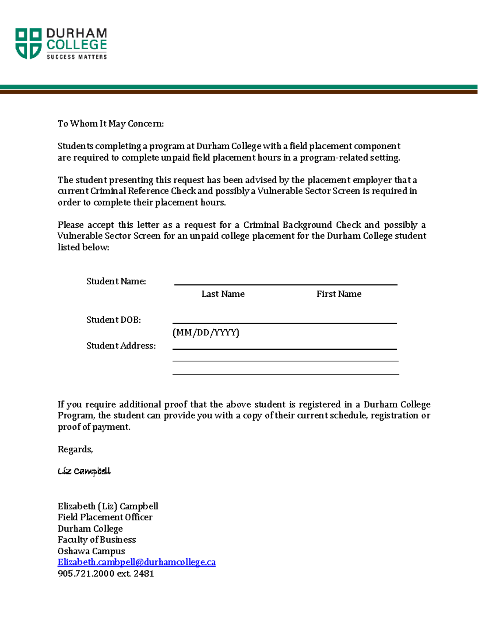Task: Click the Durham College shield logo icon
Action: (28, 44)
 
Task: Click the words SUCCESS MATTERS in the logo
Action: (77, 57)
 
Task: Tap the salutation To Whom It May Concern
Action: (110, 124)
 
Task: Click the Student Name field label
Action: (116, 281)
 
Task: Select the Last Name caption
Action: (223, 294)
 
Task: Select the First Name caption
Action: (339, 294)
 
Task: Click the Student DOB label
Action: (113, 320)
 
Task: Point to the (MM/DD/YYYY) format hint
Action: (206, 333)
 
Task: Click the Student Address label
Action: (121, 346)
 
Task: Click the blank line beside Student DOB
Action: (284, 322)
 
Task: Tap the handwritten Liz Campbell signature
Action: (84, 471)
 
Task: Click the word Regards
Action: (75, 449)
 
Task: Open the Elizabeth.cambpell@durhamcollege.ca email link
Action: (137, 562)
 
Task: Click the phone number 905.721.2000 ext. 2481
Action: (106, 573)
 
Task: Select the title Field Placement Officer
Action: (105, 517)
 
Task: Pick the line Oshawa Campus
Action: (91, 551)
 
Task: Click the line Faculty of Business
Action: (97, 540)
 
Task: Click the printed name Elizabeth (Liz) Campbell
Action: (108, 506)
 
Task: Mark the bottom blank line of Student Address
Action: (285, 374)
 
